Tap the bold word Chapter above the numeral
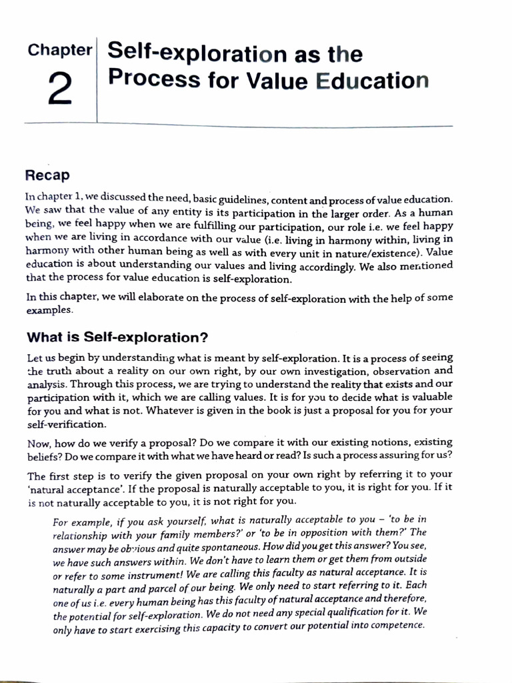click(x=59, y=50)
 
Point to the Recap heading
click(x=47, y=175)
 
